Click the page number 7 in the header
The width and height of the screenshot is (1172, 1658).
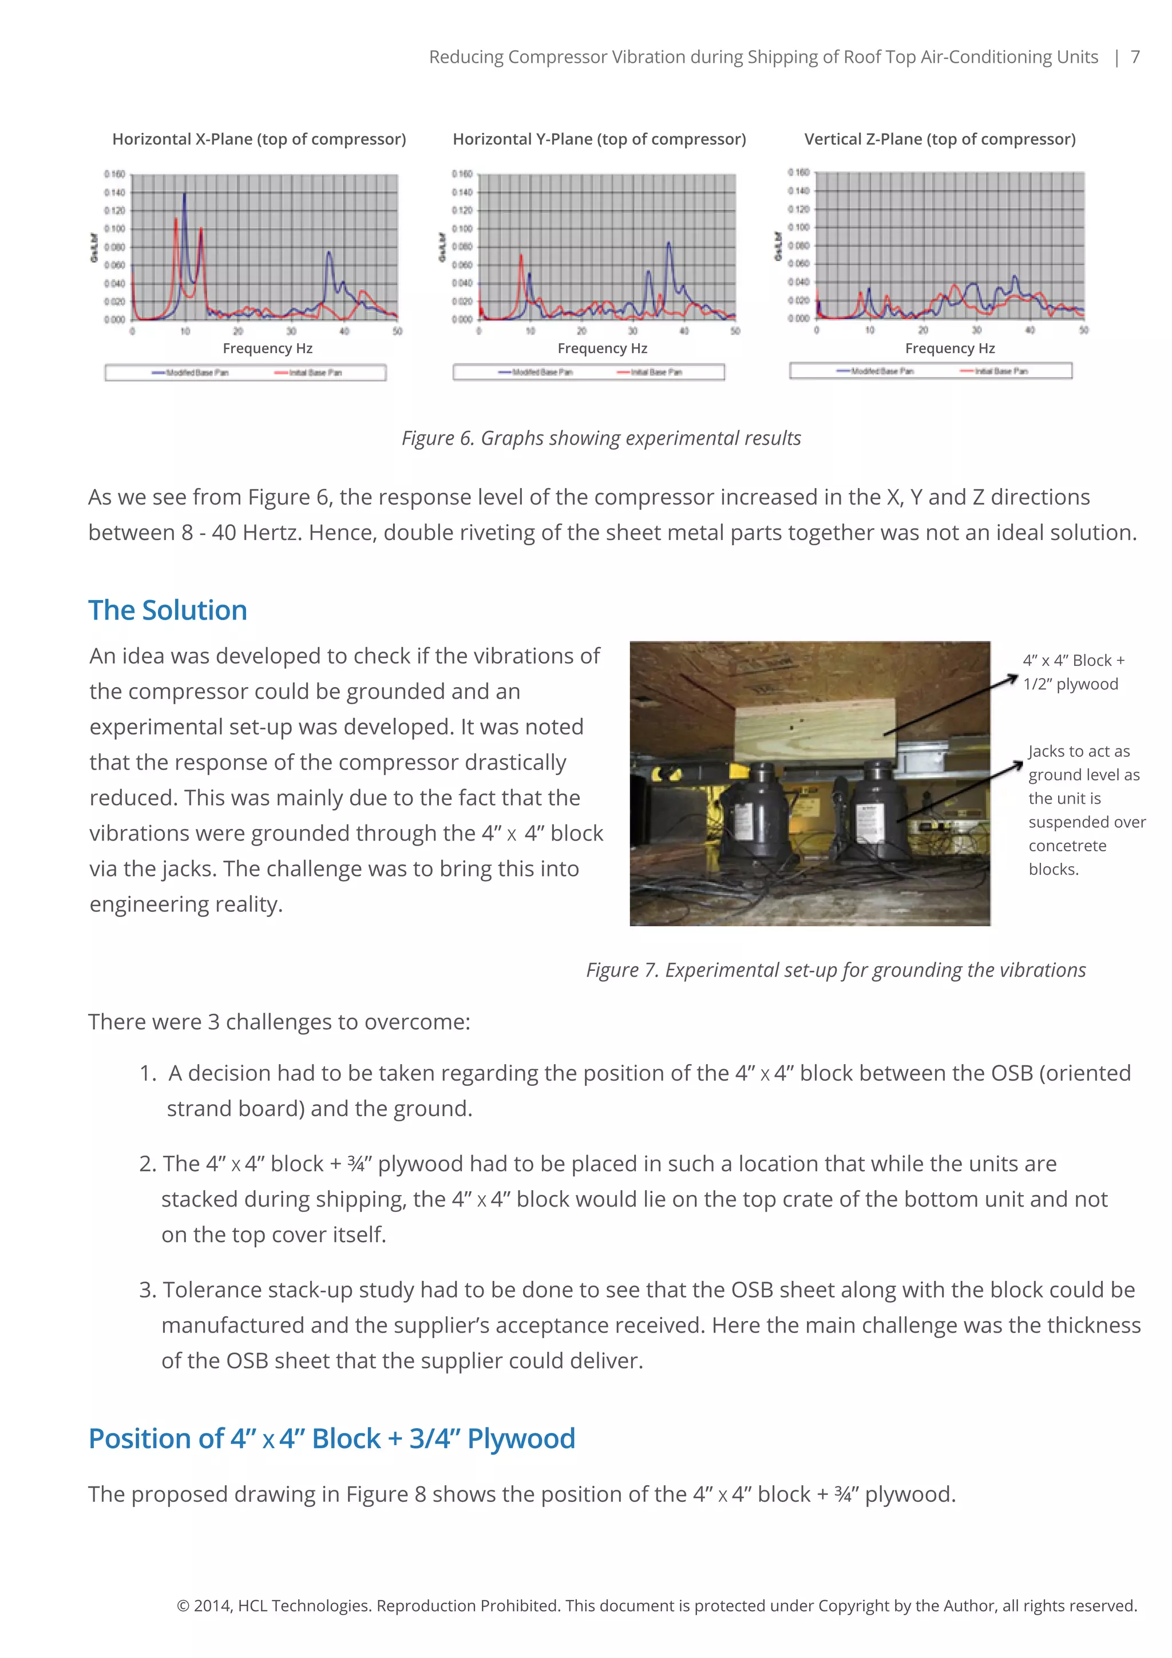pyautogui.click(x=1135, y=57)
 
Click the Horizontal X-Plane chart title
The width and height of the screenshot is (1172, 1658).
pyautogui.click(x=259, y=140)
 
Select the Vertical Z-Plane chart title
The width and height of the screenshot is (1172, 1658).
pyautogui.click(x=940, y=140)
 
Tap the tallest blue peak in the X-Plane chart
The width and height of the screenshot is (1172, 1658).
pyautogui.click(x=184, y=195)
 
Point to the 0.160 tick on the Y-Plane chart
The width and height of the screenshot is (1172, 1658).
pyautogui.click(x=462, y=174)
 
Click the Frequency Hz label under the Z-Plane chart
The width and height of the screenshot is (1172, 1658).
pyautogui.click(x=949, y=349)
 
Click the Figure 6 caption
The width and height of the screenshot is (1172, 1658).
pyautogui.click(x=601, y=438)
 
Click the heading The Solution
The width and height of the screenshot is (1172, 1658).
pyautogui.click(x=168, y=611)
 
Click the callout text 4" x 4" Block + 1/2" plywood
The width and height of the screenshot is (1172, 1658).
pyautogui.click(x=1073, y=672)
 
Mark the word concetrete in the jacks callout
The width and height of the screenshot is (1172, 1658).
pyautogui.click(x=1067, y=846)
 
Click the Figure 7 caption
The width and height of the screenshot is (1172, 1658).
pyautogui.click(x=836, y=970)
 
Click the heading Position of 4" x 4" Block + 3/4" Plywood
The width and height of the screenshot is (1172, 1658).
pyautogui.click(x=331, y=1438)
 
